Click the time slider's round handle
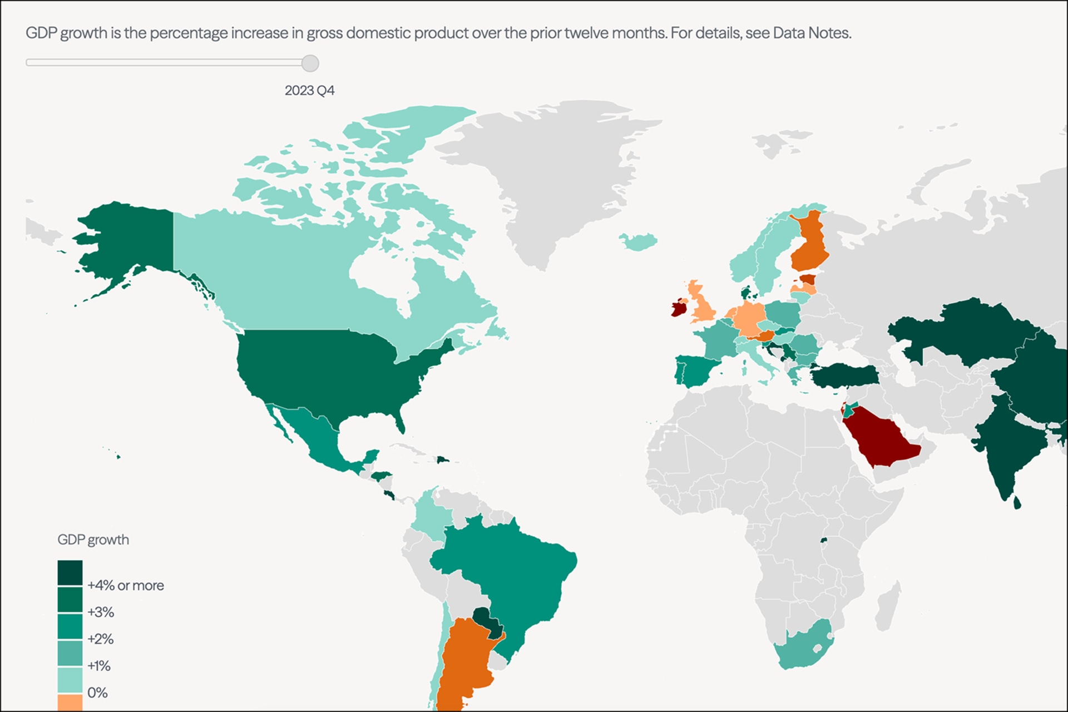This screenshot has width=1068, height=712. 310,63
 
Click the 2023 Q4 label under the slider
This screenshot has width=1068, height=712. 309,91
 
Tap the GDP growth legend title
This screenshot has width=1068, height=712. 93,540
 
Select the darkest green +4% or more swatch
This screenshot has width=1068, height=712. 70,573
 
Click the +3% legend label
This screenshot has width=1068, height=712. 101,612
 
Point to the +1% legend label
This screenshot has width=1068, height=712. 99,666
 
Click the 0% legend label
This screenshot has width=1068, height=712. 97,693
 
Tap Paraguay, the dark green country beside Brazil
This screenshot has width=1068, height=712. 487,622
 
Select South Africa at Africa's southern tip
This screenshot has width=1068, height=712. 801,651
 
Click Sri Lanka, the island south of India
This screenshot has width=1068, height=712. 1017,503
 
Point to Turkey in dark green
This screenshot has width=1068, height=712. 845,377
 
